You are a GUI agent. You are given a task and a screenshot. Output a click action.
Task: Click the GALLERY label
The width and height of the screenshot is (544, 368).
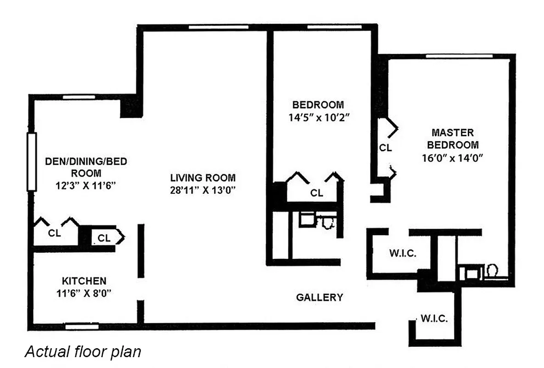point(319,297)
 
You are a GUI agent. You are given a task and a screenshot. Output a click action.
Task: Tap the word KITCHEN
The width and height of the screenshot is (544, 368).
point(84,281)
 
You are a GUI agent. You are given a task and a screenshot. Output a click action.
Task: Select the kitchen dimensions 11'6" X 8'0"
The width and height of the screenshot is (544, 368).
point(84,293)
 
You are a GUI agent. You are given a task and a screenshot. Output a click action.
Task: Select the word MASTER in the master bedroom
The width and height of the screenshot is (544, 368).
point(452,133)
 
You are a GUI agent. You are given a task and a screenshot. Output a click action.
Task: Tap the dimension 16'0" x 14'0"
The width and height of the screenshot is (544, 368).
point(452,157)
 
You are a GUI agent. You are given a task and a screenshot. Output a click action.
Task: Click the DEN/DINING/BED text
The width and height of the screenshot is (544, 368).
point(86,161)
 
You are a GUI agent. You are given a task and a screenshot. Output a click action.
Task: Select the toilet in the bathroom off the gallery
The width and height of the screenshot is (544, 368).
point(327,223)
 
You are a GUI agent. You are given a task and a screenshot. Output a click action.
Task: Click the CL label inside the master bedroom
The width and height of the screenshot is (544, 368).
point(385,148)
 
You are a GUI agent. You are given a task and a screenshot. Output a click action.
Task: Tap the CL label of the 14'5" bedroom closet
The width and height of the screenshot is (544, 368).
point(317,193)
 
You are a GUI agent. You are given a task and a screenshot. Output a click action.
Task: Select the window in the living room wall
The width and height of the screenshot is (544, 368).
point(219,27)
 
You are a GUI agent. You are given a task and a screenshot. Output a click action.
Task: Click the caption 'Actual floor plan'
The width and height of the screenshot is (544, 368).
point(83,352)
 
